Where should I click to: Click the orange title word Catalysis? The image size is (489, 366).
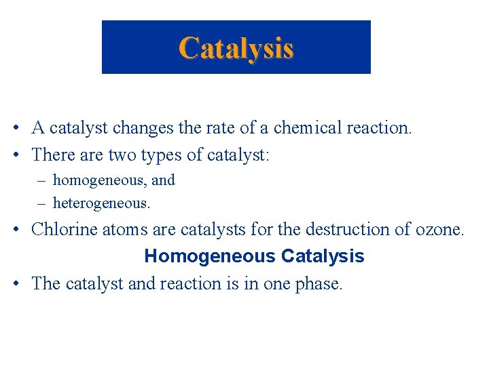point(236,48)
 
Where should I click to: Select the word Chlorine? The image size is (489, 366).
point(65,229)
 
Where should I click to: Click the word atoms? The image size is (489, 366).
point(122,229)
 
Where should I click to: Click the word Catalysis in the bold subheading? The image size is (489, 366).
point(323,256)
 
